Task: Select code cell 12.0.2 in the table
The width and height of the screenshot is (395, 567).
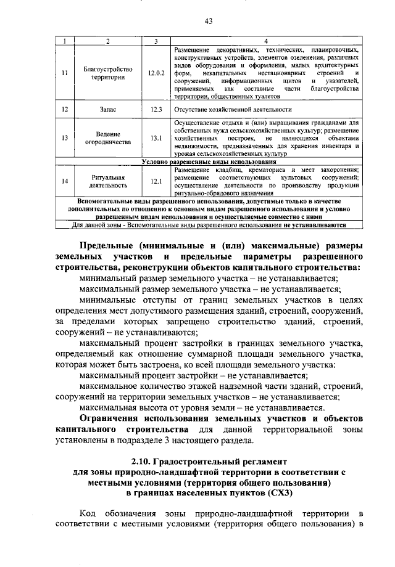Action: tap(157, 73)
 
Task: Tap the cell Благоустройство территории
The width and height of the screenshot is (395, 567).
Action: tap(108, 73)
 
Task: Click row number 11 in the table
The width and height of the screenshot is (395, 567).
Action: tap(65, 73)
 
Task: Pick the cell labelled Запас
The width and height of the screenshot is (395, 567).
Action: tap(108, 109)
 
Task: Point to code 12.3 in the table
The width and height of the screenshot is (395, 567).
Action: tap(157, 109)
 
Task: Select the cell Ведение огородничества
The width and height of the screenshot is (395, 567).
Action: tap(108, 137)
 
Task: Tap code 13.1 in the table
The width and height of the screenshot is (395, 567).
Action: tap(157, 137)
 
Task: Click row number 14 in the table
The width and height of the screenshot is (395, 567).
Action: tap(65, 181)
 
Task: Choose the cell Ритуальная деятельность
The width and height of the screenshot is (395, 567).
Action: tap(108, 181)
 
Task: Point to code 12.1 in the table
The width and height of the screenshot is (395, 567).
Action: tap(157, 181)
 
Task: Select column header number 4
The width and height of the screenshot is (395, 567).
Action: tap(266, 41)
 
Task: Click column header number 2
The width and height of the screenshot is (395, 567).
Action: tap(108, 41)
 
